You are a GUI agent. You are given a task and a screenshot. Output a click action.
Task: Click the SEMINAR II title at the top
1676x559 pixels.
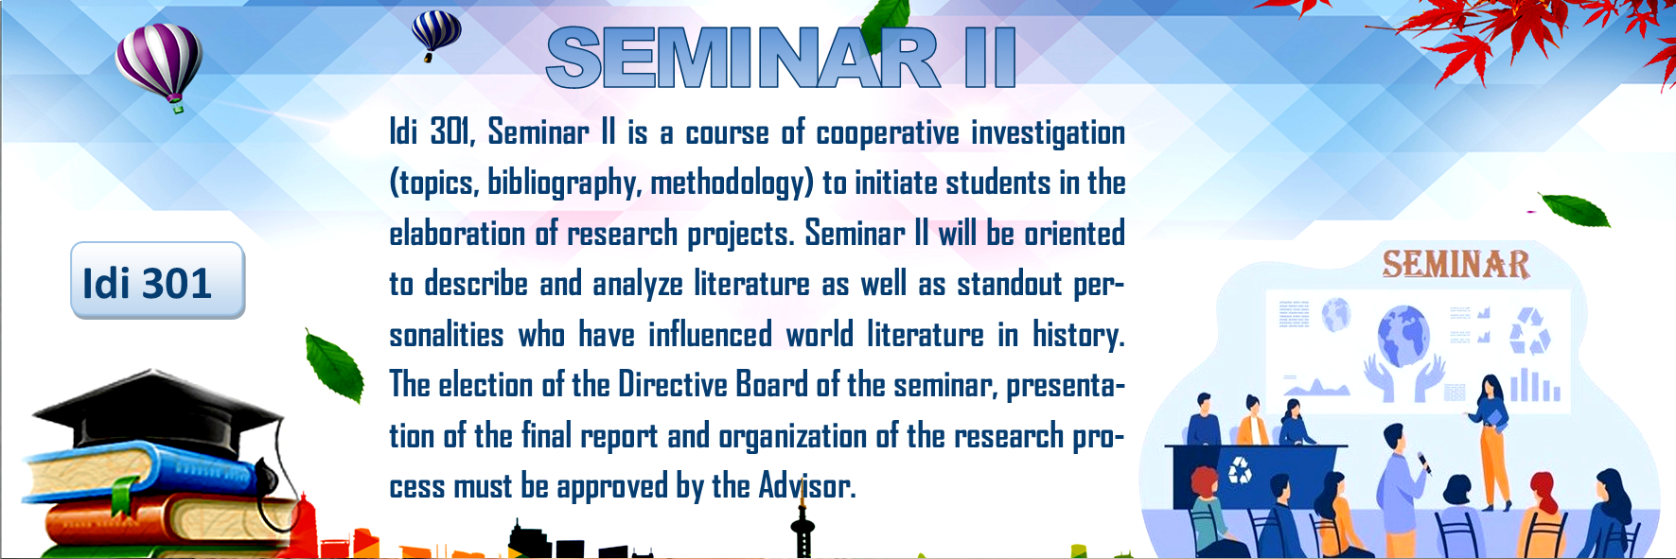pyautogui.click(x=782, y=58)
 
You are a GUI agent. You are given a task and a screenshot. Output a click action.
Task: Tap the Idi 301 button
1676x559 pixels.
pyautogui.click(x=158, y=281)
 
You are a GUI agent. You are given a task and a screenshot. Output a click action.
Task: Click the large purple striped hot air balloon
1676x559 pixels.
pyautogui.click(x=159, y=66)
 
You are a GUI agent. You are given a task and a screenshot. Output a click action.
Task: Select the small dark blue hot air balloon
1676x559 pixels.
pyautogui.click(x=436, y=35)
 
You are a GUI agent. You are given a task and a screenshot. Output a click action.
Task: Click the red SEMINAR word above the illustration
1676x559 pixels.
pyautogui.click(x=1455, y=264)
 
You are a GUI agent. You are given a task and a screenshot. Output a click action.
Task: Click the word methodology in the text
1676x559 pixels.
pyautogui.click(x=732, y=183)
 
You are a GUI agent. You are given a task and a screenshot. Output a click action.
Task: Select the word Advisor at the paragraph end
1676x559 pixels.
pyautogui.click(x=806, y=486)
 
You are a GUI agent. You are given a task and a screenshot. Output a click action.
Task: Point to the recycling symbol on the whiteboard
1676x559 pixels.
pyautogui.click(x=1529, y=331)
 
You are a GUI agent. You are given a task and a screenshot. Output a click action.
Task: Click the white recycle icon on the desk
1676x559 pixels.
pyautogui.click(x=1239, y=468)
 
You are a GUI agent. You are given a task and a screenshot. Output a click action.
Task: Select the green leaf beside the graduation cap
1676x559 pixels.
pyautogui.click(x=334, y=366)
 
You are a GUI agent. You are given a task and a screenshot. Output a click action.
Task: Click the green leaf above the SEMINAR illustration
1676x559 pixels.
pyautogui.click(x=1574, y=210)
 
